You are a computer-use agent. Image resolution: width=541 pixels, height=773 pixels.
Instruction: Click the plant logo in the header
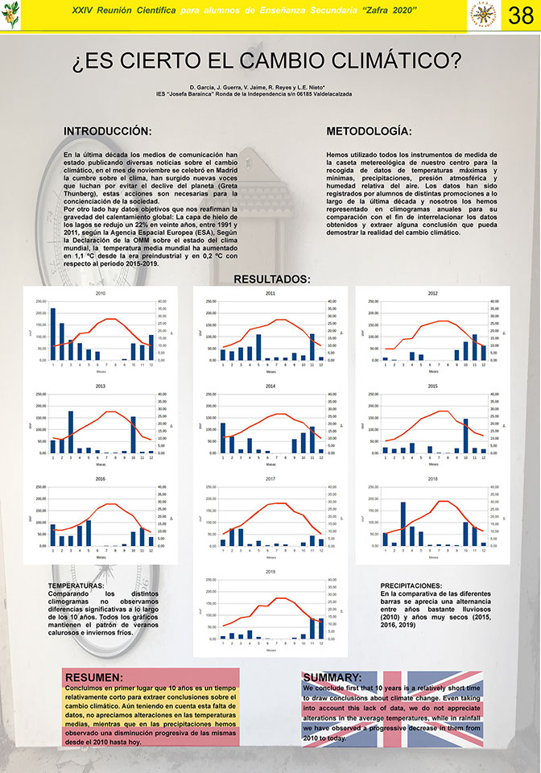pos(11,16)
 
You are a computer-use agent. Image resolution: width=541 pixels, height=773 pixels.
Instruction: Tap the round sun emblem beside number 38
pos(482,15)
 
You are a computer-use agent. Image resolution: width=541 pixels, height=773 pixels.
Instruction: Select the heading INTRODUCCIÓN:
pos(107,130)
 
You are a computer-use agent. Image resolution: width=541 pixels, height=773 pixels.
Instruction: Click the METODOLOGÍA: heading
pos(370,130)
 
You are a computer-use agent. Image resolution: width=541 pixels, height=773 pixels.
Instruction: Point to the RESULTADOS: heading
pos(271,279)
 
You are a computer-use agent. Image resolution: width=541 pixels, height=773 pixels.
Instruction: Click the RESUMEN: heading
pos(94,678)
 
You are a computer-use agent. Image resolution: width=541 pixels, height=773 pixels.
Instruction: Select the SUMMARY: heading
pos(332,678)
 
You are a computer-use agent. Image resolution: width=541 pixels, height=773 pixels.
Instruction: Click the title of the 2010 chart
pos(101,294)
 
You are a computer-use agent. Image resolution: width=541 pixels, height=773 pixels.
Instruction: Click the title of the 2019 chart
pos(270,573)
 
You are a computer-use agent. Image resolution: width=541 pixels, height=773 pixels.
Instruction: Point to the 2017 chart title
pos(270,480)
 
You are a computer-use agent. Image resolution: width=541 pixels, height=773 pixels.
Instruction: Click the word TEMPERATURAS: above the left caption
pos(76,585)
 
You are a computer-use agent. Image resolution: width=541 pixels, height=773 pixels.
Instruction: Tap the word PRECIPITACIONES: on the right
pos(411,585)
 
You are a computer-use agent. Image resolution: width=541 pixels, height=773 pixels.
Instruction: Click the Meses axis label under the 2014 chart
pos(270,464)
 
